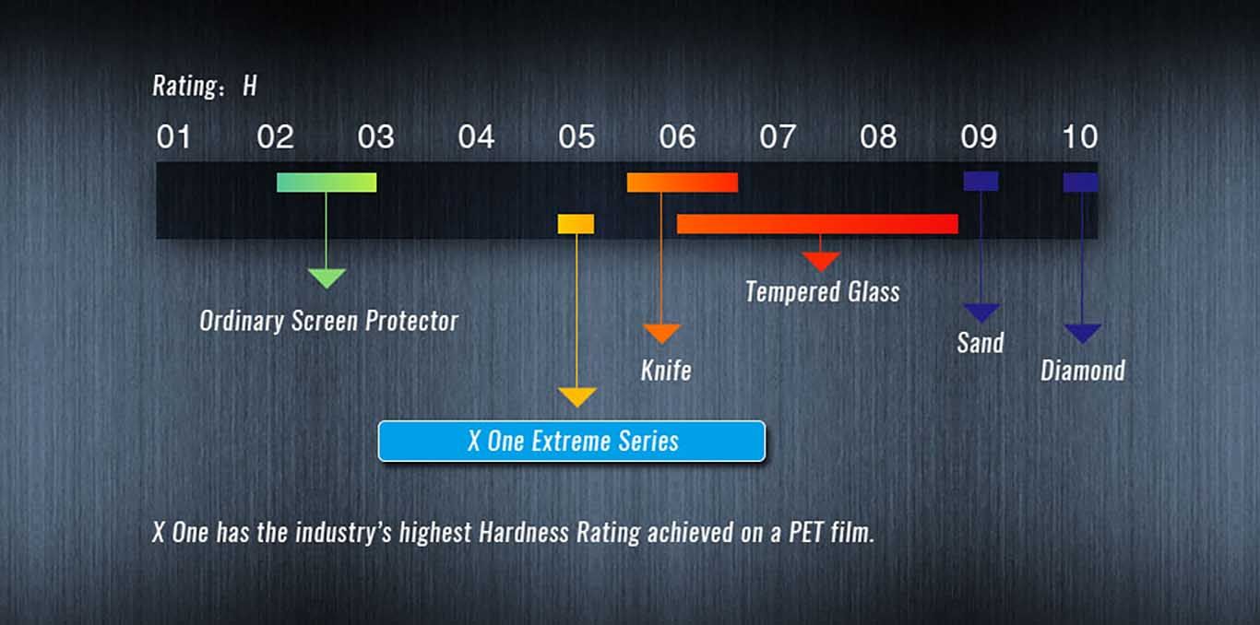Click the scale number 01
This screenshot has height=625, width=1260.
173,136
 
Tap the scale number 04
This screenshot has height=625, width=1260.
476,136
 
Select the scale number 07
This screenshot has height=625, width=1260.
778,136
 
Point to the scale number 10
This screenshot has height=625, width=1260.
1080,136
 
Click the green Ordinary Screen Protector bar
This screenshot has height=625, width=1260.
327,183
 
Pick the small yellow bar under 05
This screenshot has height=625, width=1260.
576,224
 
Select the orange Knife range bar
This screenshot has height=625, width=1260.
683,183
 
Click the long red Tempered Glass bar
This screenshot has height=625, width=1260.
817,224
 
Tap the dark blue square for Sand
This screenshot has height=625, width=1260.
981,181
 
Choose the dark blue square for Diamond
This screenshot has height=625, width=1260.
1080,183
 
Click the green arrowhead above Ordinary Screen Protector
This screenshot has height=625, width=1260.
327,278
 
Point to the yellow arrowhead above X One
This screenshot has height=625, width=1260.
577,397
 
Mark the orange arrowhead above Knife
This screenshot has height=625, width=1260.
662,334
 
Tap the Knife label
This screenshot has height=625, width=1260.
666,371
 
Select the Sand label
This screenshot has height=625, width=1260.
981,342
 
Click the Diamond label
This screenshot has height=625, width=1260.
1083,371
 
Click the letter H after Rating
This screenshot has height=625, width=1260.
250,86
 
